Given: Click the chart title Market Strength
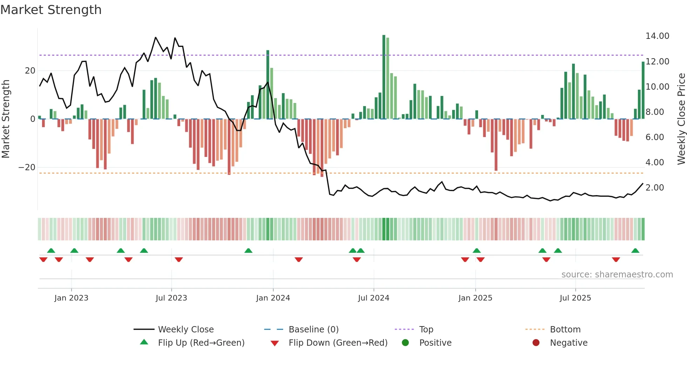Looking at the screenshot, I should tap(51, 10).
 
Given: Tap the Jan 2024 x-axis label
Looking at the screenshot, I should tap(273, 298).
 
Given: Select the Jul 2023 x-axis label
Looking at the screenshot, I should tap(171, 298).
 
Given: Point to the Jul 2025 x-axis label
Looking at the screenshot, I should tap(575, 298).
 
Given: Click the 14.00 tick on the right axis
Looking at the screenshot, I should tap(657, 36).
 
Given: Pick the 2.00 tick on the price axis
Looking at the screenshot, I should tap(654, 188).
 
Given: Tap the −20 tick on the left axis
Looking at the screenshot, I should tap(27, 167).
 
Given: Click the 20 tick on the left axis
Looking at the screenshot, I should tap(30, 71).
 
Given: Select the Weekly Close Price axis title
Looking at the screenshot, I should tap(681, 119).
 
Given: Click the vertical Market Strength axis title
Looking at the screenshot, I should tap(6, 119).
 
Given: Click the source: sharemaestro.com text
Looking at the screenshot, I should tap(617, 275).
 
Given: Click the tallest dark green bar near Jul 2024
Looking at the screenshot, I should tap(384, 77).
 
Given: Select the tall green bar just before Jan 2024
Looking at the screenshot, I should tap(268, 84).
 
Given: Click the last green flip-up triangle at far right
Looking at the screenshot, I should tap(635, 250).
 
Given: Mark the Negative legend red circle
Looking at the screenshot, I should tap(536, 343).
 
